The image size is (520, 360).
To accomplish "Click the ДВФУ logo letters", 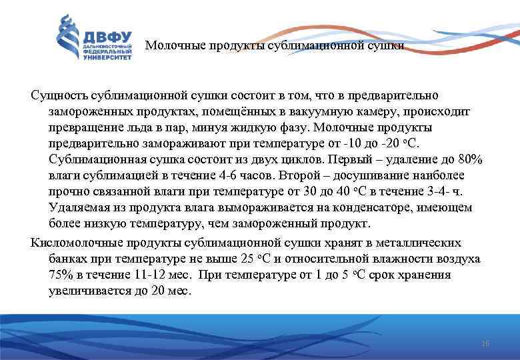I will coord(107,37).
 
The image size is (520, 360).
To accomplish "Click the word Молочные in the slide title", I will coord(171,46).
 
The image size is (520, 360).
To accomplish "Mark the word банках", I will coord(67,259).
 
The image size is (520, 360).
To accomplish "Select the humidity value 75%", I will coord(62,275).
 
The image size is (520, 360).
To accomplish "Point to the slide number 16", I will coord(485,343).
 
